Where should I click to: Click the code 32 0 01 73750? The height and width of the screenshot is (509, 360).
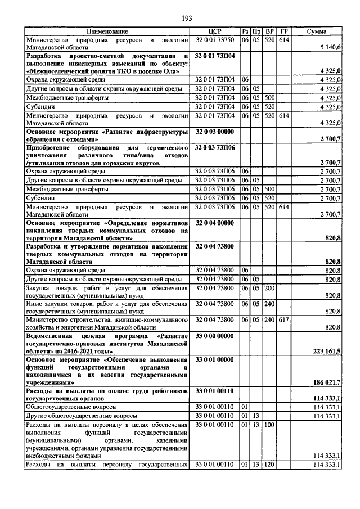214,40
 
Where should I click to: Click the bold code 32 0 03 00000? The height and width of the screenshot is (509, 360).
214,131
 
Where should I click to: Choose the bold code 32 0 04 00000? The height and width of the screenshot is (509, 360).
214,223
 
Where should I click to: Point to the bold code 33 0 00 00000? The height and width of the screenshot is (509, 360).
214,336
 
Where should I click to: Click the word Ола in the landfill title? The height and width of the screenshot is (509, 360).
174,71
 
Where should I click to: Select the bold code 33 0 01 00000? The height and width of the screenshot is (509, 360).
214,359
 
